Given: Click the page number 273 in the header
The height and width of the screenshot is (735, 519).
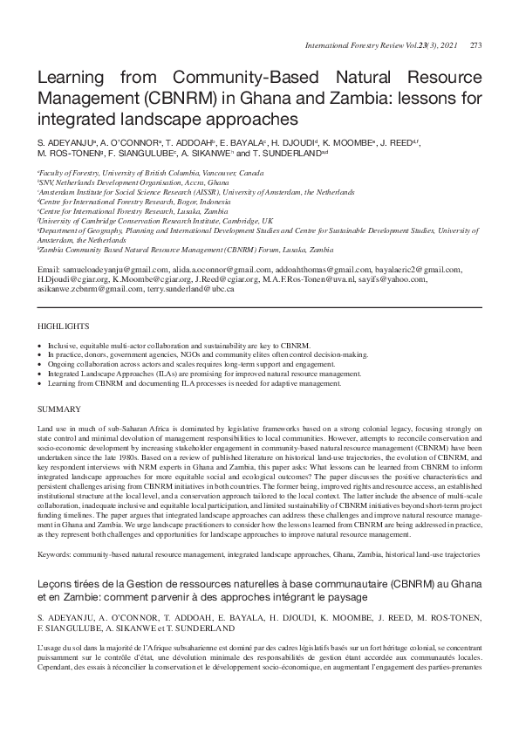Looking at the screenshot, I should tap(475, 45).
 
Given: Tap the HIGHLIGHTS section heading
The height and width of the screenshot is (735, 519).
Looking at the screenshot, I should tap(64, 326).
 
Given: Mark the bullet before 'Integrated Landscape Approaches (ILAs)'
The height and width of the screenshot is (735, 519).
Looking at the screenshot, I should tap(40, 373).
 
